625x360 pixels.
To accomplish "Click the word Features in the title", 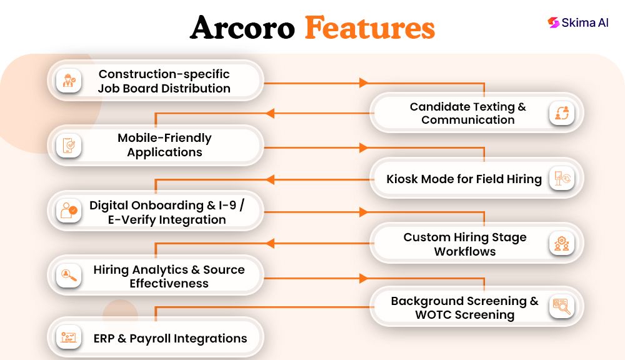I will (x=369, y=28).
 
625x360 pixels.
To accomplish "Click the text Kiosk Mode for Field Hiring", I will (x=464, y=179).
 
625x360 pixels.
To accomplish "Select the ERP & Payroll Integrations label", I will (x=170, y=339).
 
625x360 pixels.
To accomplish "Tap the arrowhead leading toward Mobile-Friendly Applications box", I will (x=270, y=114).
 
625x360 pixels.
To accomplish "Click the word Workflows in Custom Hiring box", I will (x=465, y=252).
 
